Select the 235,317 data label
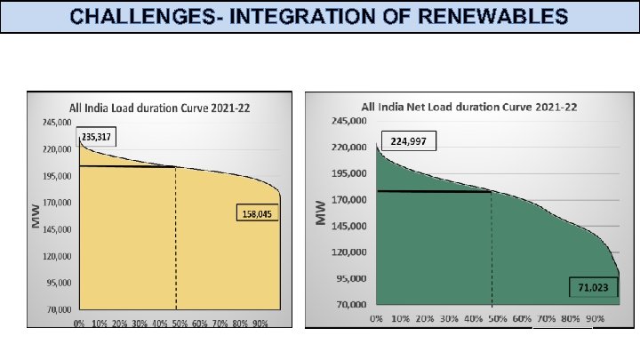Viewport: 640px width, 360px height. point(97,138)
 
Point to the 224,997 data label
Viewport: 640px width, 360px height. point(409,140)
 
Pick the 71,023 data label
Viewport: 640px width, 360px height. point(591,288)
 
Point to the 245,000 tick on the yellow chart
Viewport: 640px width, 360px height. point(58,122)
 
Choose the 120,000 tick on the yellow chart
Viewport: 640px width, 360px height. point(58,256)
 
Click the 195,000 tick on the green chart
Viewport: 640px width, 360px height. point(350,173)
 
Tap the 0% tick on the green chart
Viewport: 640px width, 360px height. point(376,317)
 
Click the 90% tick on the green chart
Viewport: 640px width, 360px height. point(596,317)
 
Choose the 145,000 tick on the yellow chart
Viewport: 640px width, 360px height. point(58,229)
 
